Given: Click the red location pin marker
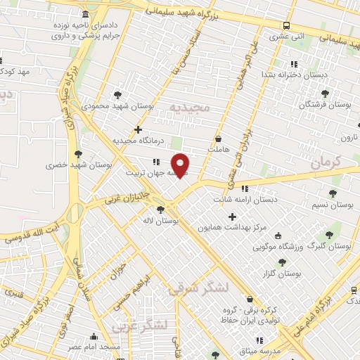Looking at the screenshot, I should tap(181, 165).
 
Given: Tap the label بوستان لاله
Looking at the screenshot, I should tap(160, 220).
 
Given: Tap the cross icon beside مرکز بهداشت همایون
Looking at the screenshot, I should tap(232, 217).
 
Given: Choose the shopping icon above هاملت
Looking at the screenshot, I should tap(218, 139).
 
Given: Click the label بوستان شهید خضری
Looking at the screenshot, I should tap(79, 165).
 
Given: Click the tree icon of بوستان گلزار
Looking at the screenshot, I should tap(282, 262).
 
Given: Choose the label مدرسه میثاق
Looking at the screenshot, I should tap(262, 349).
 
